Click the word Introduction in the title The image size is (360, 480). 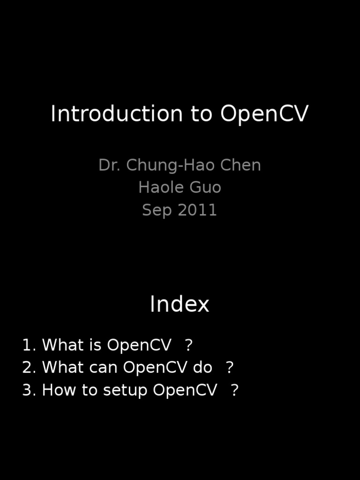click(117, 114)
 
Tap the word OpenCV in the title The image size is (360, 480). click(264, 114)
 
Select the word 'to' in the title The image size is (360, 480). click(202, 114)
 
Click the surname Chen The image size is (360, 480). click(244, 165)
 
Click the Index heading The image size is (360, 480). click(180, 305)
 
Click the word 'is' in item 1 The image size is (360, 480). click(96, 345)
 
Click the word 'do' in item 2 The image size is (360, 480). click(202, 367)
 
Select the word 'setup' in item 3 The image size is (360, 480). click(125, 390)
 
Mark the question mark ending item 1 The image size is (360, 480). click(188, 345)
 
